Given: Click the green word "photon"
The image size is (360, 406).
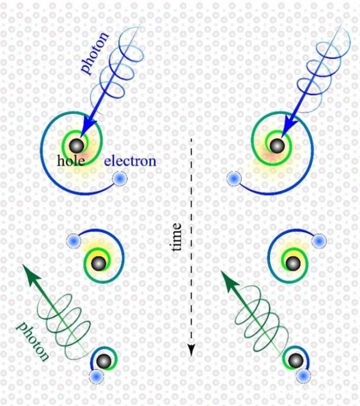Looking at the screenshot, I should pos(33,341).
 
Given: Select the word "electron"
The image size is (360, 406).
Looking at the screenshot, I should pos(130,161).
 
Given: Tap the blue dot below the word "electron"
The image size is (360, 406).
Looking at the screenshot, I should pos(119,179).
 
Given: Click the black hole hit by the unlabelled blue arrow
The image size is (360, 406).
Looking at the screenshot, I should pos(276,147).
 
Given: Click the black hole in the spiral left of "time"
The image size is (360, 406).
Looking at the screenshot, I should pos(98,262).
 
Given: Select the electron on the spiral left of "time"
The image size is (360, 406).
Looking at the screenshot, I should pos(73,241).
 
